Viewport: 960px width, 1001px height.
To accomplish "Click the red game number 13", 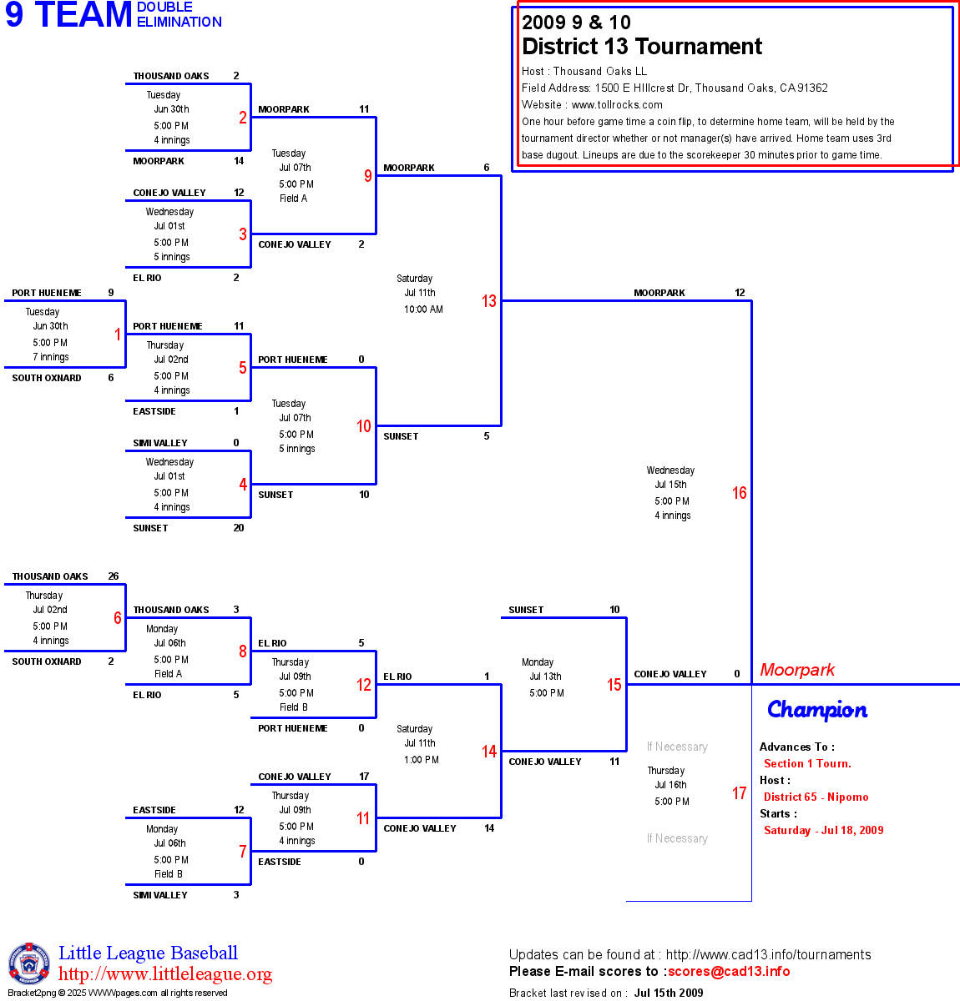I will (489, 301).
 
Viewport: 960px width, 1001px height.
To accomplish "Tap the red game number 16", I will (740, 493).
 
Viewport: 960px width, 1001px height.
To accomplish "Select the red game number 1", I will (118, 335).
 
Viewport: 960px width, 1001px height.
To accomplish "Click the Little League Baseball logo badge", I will (29, 964).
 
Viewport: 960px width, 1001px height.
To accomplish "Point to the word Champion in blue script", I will (817, 710).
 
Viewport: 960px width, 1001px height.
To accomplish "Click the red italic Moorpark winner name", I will (797, 670).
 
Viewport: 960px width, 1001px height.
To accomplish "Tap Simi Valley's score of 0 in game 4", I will (236, 443).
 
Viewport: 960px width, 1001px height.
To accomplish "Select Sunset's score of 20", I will (239, 528).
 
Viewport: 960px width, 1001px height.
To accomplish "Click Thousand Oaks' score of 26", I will (114, 576).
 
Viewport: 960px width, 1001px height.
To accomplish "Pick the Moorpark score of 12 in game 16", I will (740, 293).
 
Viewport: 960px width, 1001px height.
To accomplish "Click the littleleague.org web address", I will (165, 974).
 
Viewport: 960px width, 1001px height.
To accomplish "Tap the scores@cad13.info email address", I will (729, 971).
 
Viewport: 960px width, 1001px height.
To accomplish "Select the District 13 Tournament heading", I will (642, 47).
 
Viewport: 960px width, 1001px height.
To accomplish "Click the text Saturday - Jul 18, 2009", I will (823, 830).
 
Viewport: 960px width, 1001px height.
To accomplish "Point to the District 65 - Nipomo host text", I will (816, 797).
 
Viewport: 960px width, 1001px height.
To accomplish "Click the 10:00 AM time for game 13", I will (423, 309).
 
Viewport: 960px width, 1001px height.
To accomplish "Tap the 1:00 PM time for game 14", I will (421, 760).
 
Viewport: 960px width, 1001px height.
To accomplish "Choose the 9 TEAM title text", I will (68, 15).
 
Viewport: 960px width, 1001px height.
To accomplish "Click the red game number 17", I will (740, 793).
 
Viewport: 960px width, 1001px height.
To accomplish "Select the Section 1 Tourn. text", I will (807, 763).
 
